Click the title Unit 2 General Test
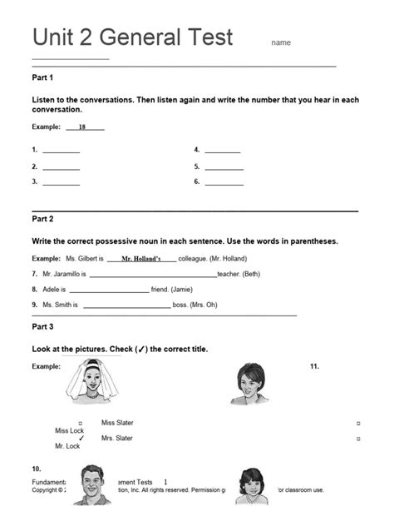[x=132, y=37]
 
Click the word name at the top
[x=281, y=42]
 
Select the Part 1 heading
[x=42, y=77]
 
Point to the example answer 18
[x=82, y=127]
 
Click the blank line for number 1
[x=61, y=151]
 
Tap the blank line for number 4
[x=222, y=151]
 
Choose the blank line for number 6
[x=224, y=181]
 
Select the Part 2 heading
[x=42, y=219]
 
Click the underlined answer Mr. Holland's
[x=140, y=259]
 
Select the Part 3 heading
[x=42, y=326]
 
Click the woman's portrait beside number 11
[x=249, y=384]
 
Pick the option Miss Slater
[x=117, y=423]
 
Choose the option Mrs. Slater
[x=117, y=438]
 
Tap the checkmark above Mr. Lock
[x=81, y=438]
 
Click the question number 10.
[x=37, y=469]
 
